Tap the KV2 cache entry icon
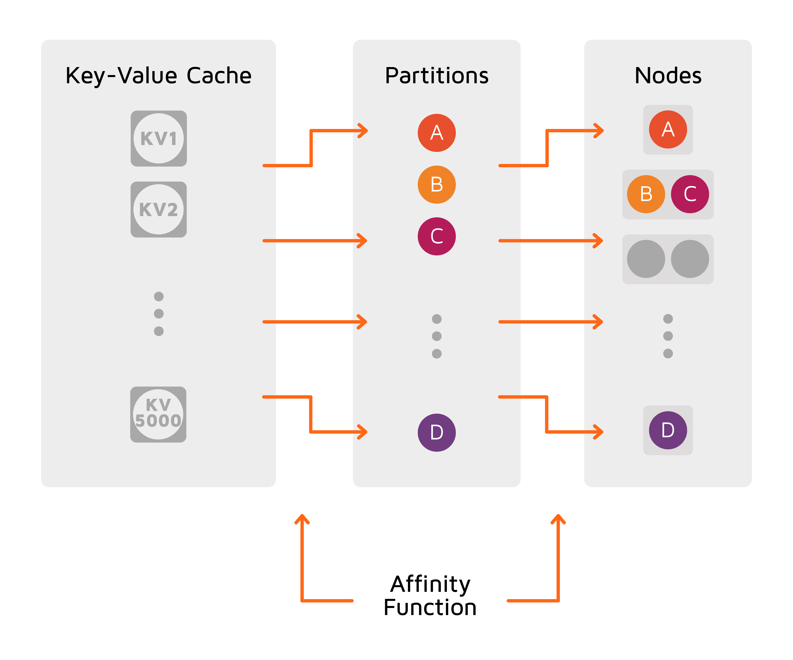[159, 209]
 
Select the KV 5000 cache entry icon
[158, 414]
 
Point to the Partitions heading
[436, 75]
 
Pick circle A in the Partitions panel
[436, 133]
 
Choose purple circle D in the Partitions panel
[436, 432]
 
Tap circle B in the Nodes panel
[646, 194]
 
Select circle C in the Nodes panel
[690, 194]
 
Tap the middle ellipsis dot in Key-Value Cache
[159, 313]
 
